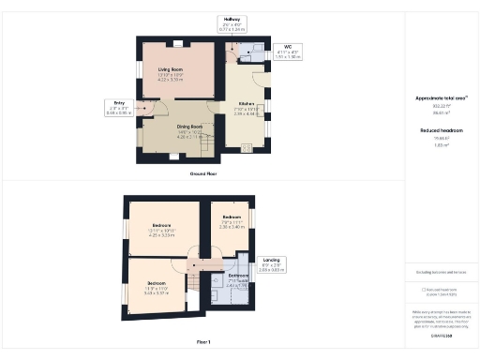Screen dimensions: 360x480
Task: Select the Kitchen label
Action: [x=247, y=107]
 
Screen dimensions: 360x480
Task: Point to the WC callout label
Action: [x=292, y=51]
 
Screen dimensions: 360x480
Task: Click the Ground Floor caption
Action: [x=203, y=173]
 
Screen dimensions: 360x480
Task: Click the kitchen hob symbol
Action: [x=247, y=146]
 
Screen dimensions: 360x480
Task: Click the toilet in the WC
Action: [x=256, y=48]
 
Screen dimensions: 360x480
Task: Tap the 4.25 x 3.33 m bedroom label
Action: [x=161, y=230]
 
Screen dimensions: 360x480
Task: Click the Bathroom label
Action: [x=239, y=278]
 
